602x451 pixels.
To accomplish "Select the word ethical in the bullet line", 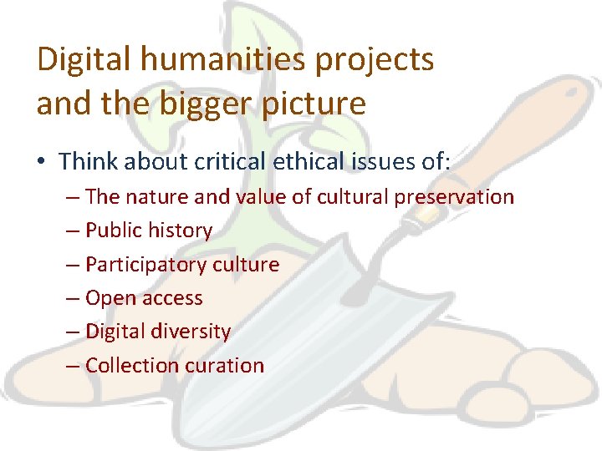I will (x=302, y=161).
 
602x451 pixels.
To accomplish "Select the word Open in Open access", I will (x=110, y=298).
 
